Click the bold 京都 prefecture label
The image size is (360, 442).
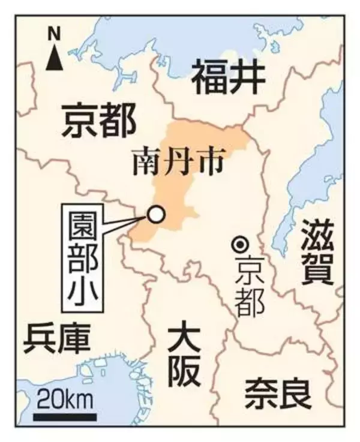(100, 120)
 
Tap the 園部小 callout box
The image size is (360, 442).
(83, 258)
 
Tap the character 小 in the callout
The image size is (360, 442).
(83, 293)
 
